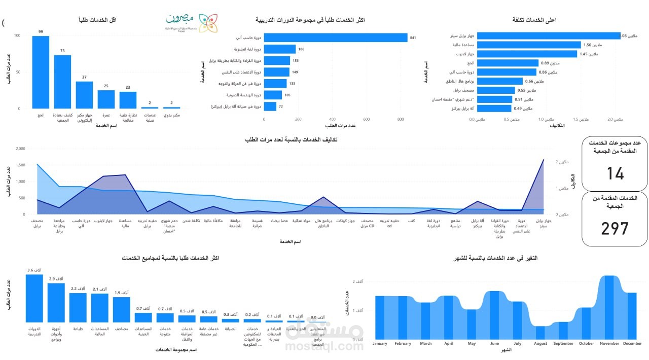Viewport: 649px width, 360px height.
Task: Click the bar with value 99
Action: click(x=41, y=72)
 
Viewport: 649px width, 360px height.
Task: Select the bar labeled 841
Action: click(x=335, y=38)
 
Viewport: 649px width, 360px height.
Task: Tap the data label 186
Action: click(x=301, y=49)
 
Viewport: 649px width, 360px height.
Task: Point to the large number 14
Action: click(x=615, y=174)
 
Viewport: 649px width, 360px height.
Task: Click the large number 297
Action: click(x=615, y=229)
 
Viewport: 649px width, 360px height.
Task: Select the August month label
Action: click(x=540, y=344)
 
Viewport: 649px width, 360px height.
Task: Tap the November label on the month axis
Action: click(x=609, y=344)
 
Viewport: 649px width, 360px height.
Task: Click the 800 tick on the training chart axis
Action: click(x=401, y=120)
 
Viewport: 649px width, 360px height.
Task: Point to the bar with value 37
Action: click(x=84, y=95)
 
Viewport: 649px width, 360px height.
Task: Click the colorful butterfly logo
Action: click(x=208, y=23)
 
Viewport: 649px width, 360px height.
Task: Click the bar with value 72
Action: click(x=270, y=106)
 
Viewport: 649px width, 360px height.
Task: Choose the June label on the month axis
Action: click(x=494, y=344)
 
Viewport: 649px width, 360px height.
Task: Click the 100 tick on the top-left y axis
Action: click(x=17, y=35)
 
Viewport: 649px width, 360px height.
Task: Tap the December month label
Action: click(x=632, y=344)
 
